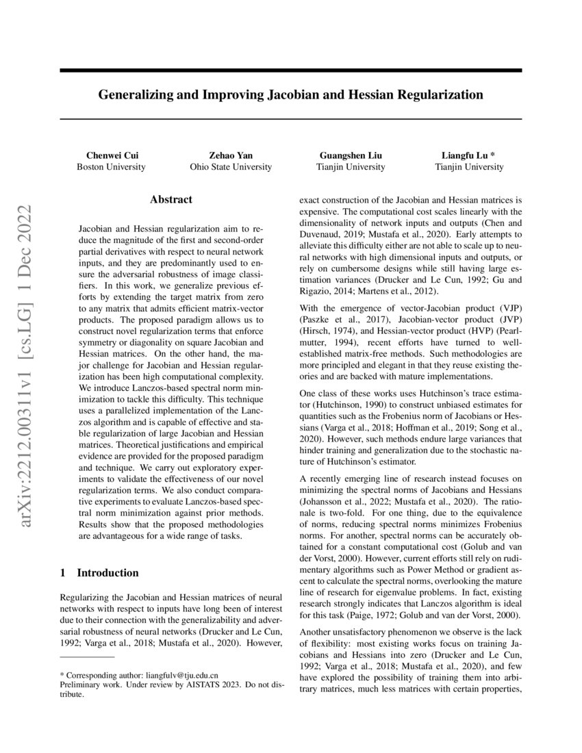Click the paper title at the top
coord(290,94)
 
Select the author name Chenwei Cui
coord(110,155)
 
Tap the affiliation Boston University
coord(110,166)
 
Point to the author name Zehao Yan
coord(231,155)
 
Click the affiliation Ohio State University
coord(231,166)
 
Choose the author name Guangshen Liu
coord(351,155)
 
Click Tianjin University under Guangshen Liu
coord(351,166)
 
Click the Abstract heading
coord(171,200)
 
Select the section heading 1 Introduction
coord(99,572)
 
